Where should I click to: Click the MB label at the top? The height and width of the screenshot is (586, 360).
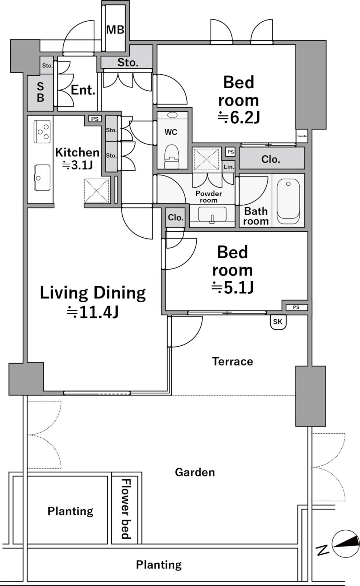[115, 30]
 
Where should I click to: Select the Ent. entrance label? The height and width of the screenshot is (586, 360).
[83, 90]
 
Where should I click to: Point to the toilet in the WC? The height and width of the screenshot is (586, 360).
[172, 156]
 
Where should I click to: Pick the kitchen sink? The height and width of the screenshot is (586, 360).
[42, 178]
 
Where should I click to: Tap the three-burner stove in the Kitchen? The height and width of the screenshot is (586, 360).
[42, 131]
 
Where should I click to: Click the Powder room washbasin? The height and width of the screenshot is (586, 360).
[212, 215]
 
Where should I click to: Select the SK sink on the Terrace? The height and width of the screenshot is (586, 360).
[278, 322]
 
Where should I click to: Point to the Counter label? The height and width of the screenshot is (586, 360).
[303, 136]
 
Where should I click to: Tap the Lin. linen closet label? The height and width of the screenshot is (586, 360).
[229, 167]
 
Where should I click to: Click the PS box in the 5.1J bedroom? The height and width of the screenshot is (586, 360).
[296, 307]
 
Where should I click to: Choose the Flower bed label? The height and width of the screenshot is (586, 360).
[126, 509]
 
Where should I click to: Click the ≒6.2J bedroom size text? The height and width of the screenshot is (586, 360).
[238, 118]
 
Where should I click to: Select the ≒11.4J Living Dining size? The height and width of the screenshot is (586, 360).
[93, 312]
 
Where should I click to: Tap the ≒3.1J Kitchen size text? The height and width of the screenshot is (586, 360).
[77, 165]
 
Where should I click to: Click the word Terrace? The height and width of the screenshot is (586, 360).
[233, 361]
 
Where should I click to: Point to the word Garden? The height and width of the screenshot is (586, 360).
[195, 472]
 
